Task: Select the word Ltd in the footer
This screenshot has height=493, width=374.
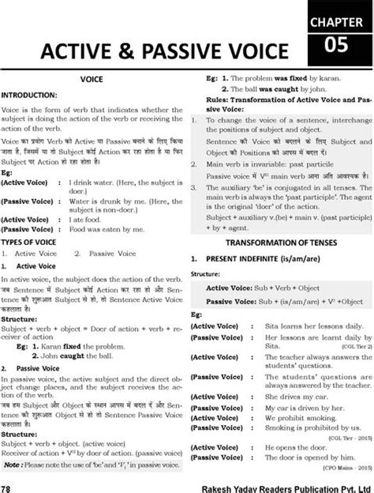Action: (363, 483)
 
